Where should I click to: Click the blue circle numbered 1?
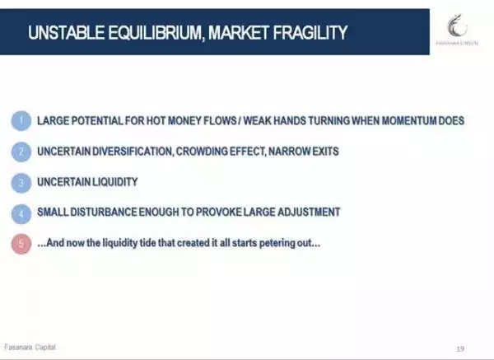coord(21,121)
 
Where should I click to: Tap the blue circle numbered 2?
coord(21,152)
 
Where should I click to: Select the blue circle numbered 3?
coord(21,183)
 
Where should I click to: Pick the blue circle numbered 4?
coord(21,213)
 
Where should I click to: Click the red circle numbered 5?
coord(21,244)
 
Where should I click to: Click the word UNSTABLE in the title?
coord(67,32)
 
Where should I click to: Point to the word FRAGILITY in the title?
coord(310,32)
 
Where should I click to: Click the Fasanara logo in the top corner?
coord(457,30)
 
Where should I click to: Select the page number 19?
coord(460,348)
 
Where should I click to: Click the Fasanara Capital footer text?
coord(30,347)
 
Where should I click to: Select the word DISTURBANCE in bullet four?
coord(104,212)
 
